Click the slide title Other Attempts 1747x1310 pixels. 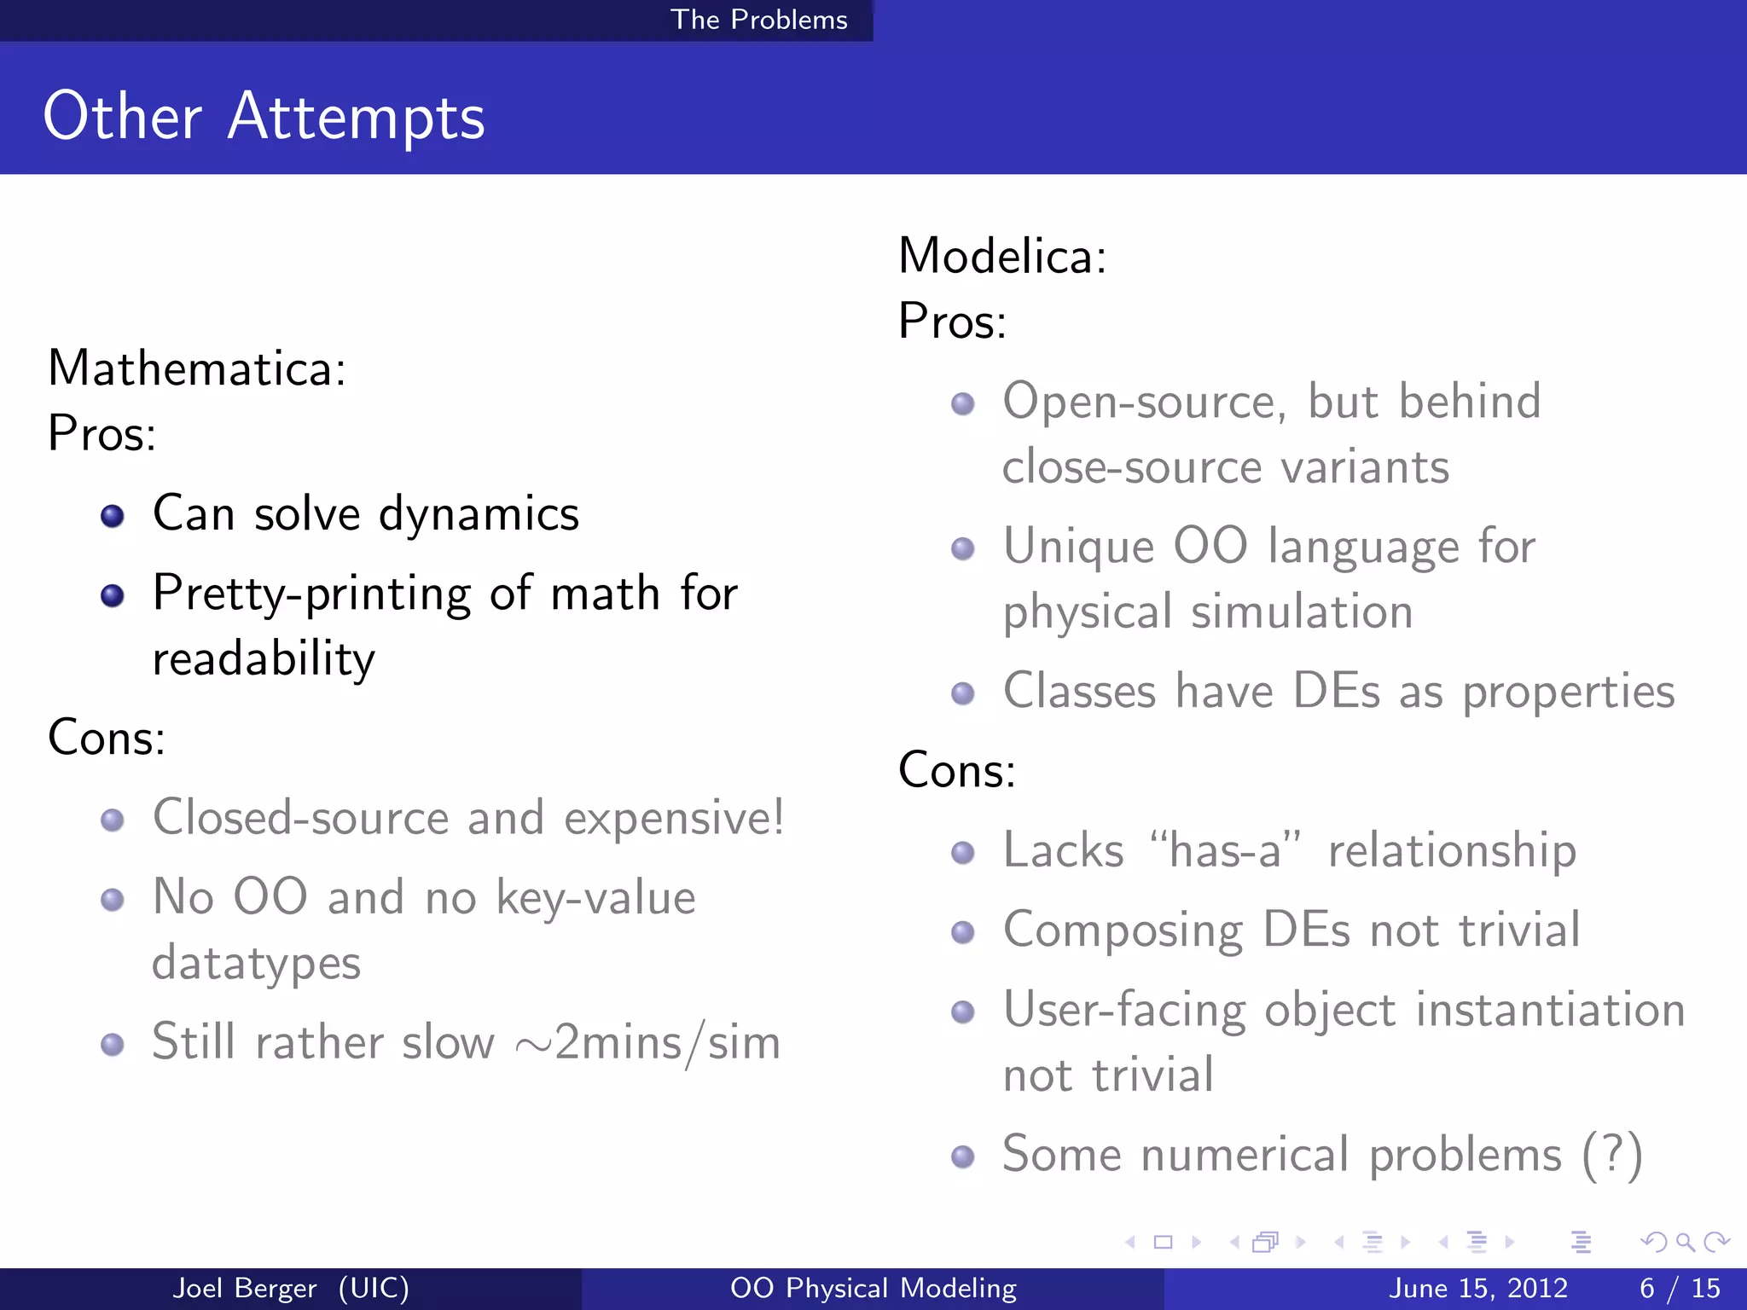point(264,117)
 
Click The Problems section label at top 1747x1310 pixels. point(758,20)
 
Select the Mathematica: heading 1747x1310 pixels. point(197,368)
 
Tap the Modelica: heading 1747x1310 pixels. point(1002,256)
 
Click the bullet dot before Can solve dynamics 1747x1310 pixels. point(112,516)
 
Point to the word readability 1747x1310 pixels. point(264,659)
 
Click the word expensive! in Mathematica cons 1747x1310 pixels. point(674,818)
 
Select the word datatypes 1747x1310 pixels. point(256,963)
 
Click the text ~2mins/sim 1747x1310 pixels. point(648,1042)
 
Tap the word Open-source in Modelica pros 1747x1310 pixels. point(1143,402)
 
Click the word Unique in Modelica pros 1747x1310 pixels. point(1078,546)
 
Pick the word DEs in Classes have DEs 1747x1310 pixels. point(1336,691)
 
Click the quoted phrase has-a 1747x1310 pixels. point(1225,850)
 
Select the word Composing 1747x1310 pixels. point(1123,930)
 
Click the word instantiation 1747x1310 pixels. point(1550,1010)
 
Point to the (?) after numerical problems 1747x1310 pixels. point(1611,1155)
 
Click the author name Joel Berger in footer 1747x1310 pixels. point(245,1288)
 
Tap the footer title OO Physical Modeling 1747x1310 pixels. point(873,1288)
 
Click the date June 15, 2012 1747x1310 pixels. point(1477,1288)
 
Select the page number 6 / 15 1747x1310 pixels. point(1680,1288)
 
